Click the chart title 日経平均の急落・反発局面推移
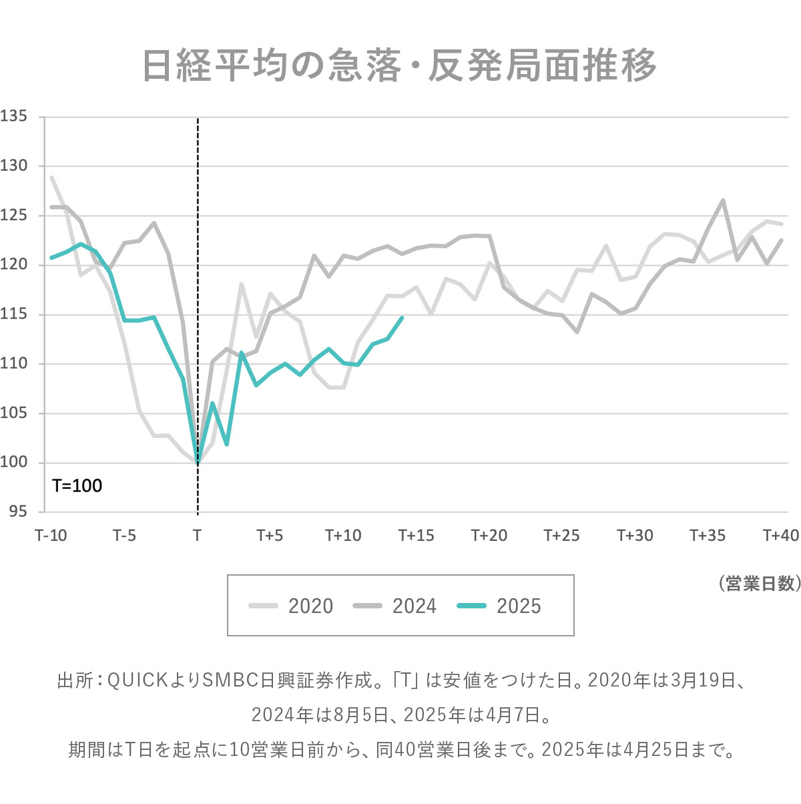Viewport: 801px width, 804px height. (x=400, y=65)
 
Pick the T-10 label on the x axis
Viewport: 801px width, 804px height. (x=51, y=536)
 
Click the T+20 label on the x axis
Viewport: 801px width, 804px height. (x=489, y=536)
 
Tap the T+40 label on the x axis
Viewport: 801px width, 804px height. (x=780, y=536)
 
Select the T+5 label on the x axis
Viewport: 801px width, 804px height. (x=270, y=536)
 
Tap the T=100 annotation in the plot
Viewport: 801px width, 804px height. (x=77, y=485)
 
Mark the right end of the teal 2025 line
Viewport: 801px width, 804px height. (x=402, y=318)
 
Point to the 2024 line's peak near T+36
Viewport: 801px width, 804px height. (x=722, y=200)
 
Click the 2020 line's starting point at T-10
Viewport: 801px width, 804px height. (x=52, y=178)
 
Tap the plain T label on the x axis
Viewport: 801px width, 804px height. (x=197, y=536)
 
